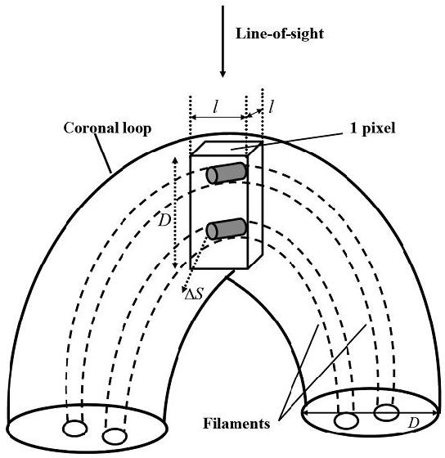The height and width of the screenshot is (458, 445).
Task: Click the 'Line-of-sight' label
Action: [280, 34]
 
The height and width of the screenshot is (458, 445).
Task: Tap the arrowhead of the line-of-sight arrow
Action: [222, 74]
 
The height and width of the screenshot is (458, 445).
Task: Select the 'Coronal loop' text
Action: [107, 128]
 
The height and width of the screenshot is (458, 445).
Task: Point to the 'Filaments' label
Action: [236, 424]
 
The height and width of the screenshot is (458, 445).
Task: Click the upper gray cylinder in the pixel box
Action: [226, 173]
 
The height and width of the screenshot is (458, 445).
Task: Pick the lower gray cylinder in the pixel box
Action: [226, 229]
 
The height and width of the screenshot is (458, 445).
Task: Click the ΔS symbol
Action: [194, 294]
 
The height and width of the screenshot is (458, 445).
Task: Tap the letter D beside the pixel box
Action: [164, 221]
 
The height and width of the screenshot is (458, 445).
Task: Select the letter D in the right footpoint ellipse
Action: [413, 423]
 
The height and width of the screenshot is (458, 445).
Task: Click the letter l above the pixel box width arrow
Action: [216, 107]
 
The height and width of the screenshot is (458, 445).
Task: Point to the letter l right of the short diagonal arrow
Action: [271, 107]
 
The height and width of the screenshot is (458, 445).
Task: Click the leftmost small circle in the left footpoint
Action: [74, 429]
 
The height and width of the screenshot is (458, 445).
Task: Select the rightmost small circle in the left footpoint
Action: [115, 437]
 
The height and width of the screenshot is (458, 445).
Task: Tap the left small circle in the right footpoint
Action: [346, 420]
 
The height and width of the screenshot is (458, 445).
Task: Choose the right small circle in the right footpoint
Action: [386, 413]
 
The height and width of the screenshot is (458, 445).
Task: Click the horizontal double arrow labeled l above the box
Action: [218, 118]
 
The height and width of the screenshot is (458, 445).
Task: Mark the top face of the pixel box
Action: [227, 148]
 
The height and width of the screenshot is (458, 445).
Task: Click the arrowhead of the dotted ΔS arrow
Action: [184, 290]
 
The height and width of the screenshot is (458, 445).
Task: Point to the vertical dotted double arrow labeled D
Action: [175, 213]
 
